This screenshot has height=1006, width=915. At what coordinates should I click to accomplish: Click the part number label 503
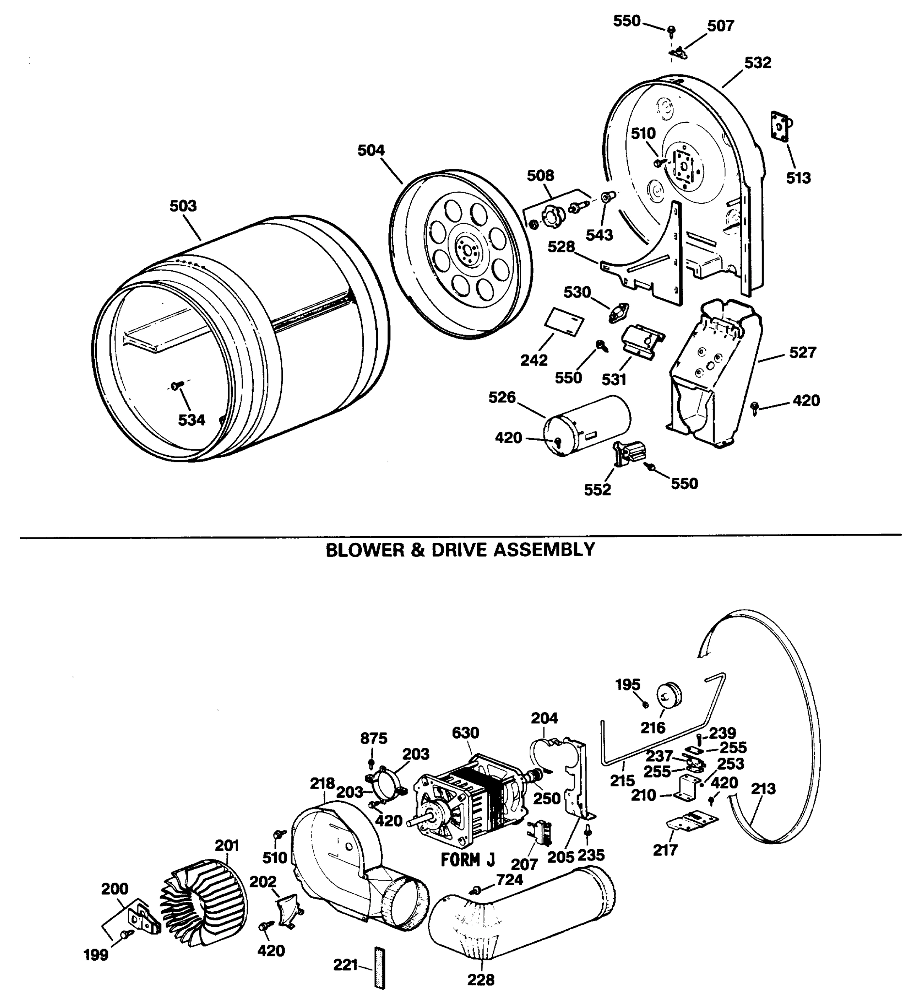[x=183, y=206]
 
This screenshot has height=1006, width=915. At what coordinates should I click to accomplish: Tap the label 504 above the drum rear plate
[x=371, y=150]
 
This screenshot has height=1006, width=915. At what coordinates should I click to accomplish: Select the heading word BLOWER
[x=365, y=550]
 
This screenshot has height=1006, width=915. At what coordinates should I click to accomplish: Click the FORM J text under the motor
[x=468, y=860]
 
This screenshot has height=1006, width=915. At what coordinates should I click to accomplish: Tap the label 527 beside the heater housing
[x=802, y=353]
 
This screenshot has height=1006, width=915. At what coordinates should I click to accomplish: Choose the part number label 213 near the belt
[x=763, y=789]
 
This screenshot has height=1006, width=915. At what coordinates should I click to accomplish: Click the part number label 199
[x=96, y=955]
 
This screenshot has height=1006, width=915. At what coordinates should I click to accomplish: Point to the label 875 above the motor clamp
[x=373, y=738]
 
